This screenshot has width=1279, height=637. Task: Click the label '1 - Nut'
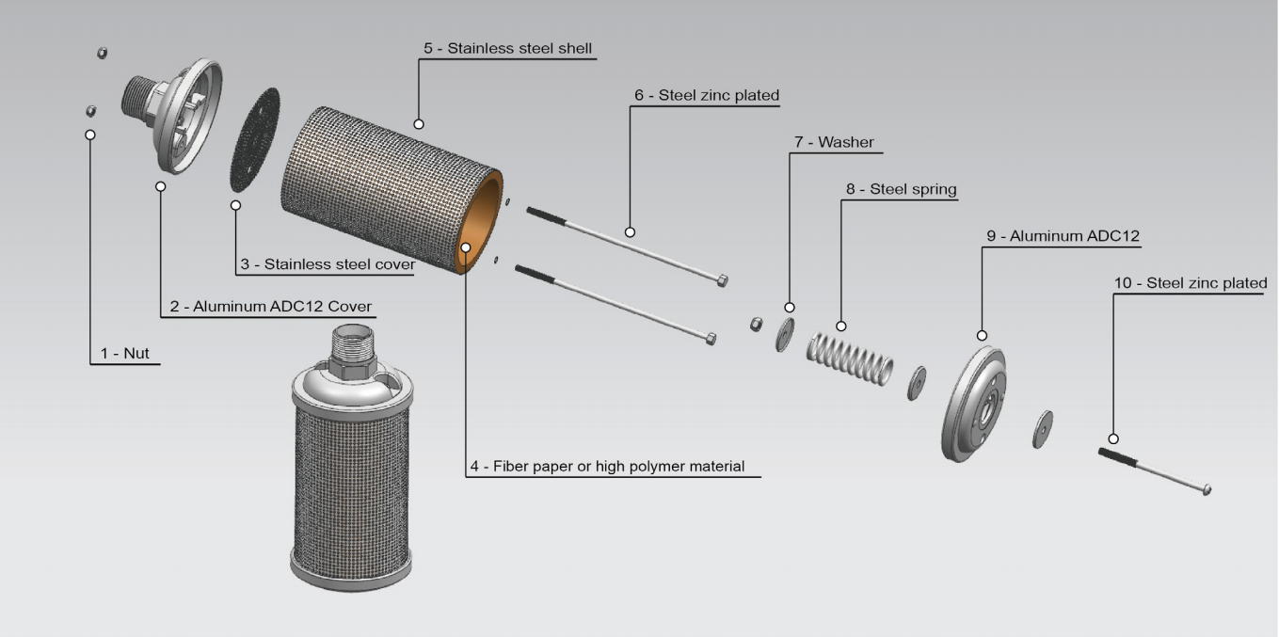click(124, 354)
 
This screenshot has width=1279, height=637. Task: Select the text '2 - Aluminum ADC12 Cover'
click(270, 307)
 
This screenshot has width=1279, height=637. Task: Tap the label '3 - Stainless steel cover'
click(327, 264)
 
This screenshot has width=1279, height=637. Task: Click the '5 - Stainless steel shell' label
click(507, 48)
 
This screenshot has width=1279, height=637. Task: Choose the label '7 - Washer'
click(833, 142)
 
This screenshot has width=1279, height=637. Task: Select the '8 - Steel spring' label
click(901, 189)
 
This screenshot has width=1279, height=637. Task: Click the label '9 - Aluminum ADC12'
click(1063, 236)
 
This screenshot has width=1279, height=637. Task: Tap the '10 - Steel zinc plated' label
click(1191, 283)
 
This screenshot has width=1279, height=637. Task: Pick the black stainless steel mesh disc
click(255, 140)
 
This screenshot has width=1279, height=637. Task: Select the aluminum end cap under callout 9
click(974, 405)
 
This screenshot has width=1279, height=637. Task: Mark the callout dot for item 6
click(630, 231)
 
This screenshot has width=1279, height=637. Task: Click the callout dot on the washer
click(789, 308)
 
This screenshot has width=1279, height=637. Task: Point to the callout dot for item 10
click(1113, 438)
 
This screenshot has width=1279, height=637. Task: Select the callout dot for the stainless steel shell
click(419, 124)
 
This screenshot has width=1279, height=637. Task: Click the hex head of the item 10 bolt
click(1207, 489)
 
